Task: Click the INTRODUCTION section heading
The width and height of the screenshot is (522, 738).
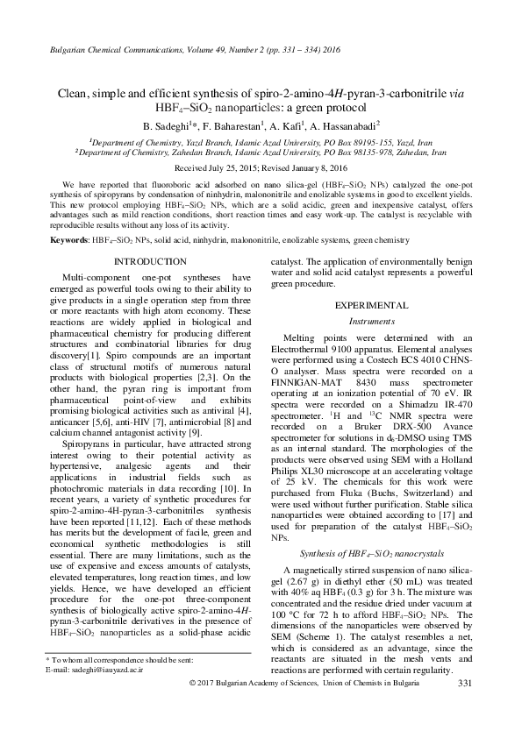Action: tap(150, 261)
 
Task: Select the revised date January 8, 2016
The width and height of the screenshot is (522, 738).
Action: tap(315, 167)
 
